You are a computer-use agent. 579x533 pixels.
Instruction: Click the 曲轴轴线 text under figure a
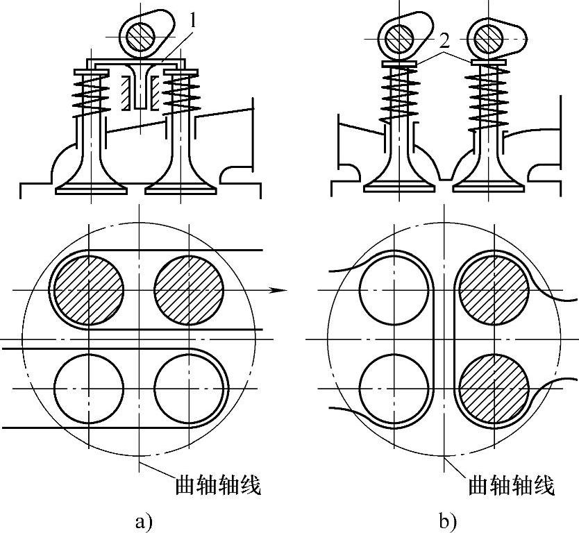(217, 485)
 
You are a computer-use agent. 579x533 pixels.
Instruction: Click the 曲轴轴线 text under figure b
(512, 485)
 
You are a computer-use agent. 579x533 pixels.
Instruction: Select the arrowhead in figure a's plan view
(278, 289)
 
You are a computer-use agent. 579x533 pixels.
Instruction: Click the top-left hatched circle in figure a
(89, 289)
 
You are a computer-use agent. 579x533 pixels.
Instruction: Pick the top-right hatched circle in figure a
(189, 289)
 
